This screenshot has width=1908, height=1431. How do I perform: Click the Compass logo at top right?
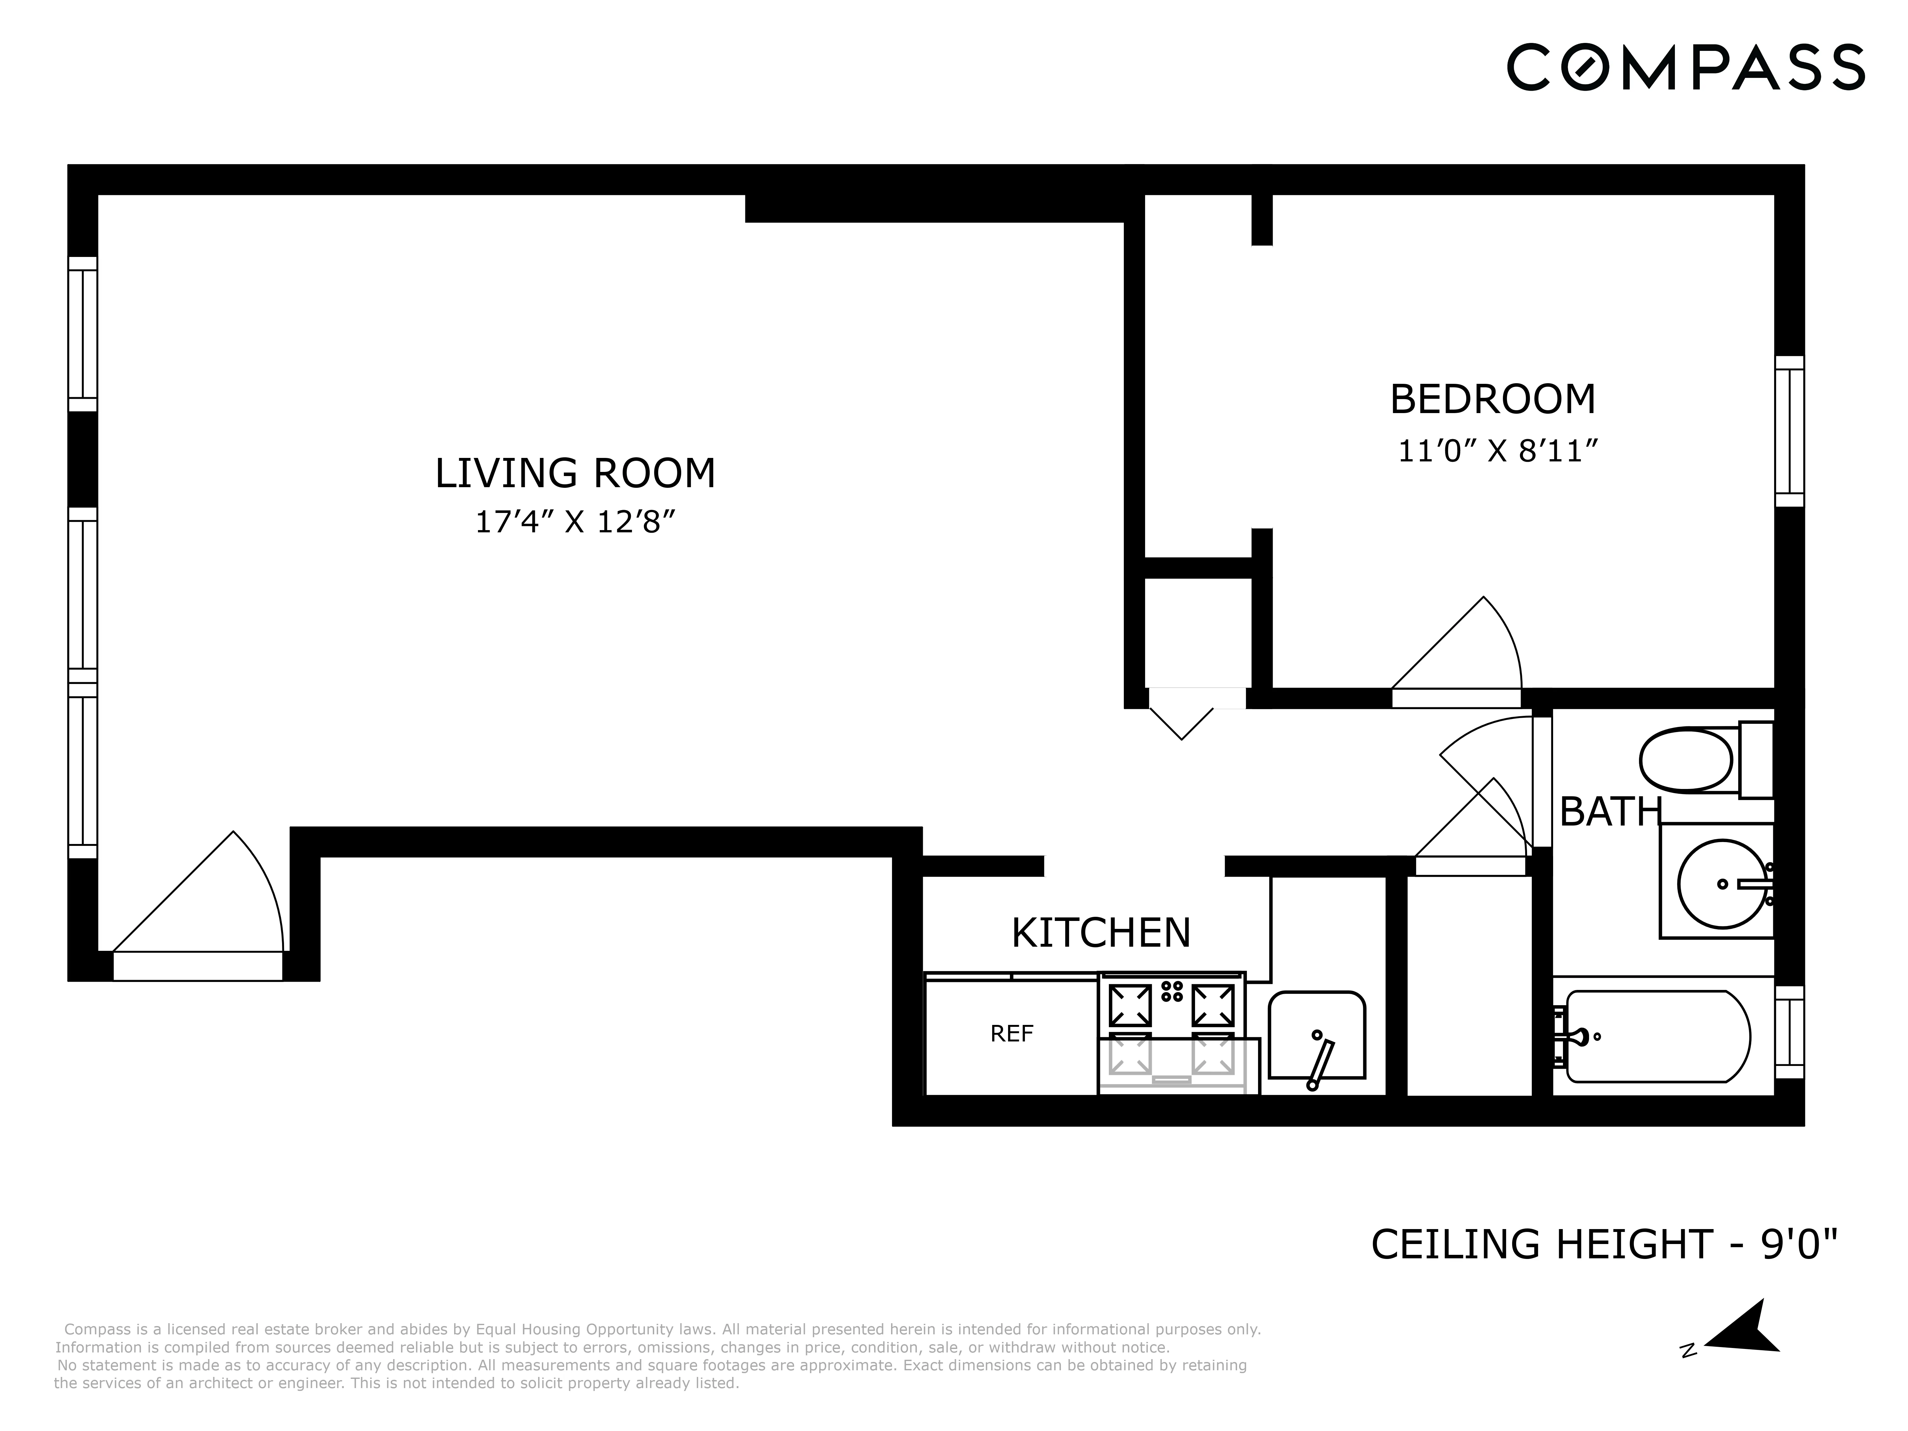pyautogui.click(x=1685, y=67)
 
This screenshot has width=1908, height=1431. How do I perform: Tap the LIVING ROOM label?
pyautogui.click(x=575, y=474)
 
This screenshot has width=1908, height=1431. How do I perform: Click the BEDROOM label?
pyautogui.click(x=1492, y=399)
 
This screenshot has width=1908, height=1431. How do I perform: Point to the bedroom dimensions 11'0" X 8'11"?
pyautogui.click(x=1498, y=451)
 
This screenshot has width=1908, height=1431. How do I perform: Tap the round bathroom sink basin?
pyautogui.click(x=1722, y=884)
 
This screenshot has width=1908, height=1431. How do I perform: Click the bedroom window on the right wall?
pyautogui.click(x=1789, y=431)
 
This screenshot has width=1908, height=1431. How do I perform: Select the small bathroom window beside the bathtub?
pyautogui.click(x=1789, y=1033)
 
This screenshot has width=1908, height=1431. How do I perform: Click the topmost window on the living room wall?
pyautogui.click(x=83, y=334)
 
